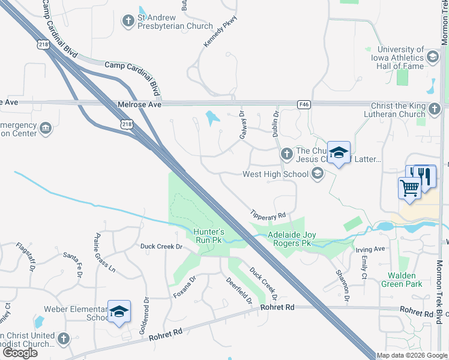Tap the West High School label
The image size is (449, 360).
coord(274,175)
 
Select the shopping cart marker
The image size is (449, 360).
coord(409,187)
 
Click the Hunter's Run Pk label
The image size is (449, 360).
coord(208,235)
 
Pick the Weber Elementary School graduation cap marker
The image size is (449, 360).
coord(119,312)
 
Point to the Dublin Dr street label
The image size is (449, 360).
coord(276,123)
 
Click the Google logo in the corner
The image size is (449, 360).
coord(19,353)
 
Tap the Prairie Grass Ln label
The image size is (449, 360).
coord(105,253)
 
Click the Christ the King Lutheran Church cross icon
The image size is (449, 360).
coord(435,109)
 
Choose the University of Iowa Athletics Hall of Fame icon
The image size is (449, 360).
coord(432,57)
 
